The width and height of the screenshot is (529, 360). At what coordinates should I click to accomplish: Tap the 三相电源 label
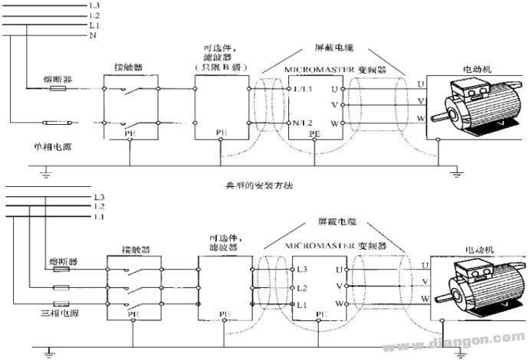pos(28,314)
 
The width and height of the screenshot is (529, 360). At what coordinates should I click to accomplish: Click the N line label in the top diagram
pos(92,36)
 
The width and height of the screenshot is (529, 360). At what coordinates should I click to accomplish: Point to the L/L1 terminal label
pos(303,90)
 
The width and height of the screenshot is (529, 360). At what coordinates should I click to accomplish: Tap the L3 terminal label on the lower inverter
pos(303,269)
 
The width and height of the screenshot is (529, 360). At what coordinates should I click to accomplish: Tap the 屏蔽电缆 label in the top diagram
pos(332,47)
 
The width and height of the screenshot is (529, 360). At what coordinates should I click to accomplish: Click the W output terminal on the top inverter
pos(334,123)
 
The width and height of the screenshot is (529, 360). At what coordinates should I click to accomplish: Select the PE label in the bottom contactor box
pos(130,314)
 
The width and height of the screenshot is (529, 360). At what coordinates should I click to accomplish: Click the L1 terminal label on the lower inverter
pos(302,305)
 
